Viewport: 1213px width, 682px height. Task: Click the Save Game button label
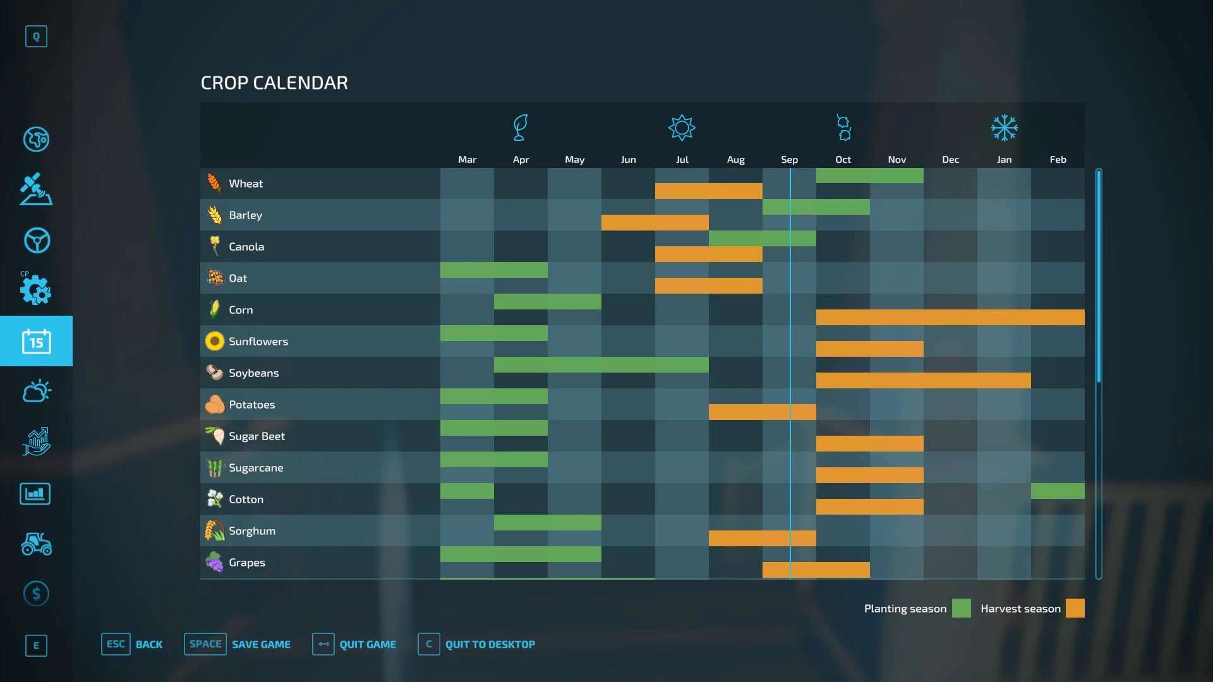pyautogui.click(x=261, y=644)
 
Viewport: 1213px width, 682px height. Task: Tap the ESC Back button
pyautogui.click(x=132, y=644)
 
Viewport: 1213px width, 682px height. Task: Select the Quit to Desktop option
pyautogui.click(x=490, y=644)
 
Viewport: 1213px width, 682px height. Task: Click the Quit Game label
pyautogui.click(x=368, y=644)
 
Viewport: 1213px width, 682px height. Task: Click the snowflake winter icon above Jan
pyautogui.click(x=1004, y=128)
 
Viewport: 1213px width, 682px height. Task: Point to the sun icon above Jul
pyautogui.click(x=682, y=128)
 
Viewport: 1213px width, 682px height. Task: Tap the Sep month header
pyautogui.click(x=789, y=160)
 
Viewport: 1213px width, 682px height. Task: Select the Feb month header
pyautogui.click(x=1058, y=160)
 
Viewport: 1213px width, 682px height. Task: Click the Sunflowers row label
pyautogui.click(x=258, y=342)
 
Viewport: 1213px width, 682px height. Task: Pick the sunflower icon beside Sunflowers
pyautogui.click(x=215, y=342)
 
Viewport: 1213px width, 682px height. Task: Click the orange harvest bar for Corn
pyautogui.click(x=950, y=317)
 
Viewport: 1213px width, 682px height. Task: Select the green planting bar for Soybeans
pyautogui.click(x=601, y=364)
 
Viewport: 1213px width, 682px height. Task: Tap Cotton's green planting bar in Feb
pyautogui.click(x=1058, y=491)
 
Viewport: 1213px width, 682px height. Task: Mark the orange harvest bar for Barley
pyautogui.click(x=655, y=222)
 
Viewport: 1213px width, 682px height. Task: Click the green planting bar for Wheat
pyautogui.click(x=869, y=176)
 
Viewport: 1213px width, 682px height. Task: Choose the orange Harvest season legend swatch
pyautogui.click(x=1075, y=608)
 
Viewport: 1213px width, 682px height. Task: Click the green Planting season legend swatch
pyautogui.click(x=961, y=608)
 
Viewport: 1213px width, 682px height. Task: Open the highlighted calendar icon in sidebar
pyautogui.click(x=36, y=341)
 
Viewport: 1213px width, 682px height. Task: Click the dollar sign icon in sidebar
pyautogui.click(x=36, y=594)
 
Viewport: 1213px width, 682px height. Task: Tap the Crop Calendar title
pyautogui.click(x=274, y=83)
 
